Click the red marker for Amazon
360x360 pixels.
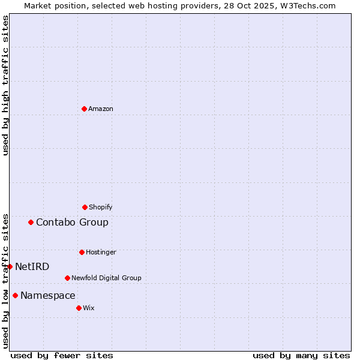[84, 109]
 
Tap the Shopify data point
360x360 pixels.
[85, 207]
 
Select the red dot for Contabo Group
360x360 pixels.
[31, 222]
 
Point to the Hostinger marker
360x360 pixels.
[82, 252]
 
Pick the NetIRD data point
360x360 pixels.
[10, 266]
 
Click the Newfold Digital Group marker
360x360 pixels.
[67, 278]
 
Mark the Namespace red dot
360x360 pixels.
[15, 295]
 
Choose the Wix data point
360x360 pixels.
[79, 308]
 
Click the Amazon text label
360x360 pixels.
[101, 109]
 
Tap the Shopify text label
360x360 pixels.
[101, 207]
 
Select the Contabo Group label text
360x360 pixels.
[72, 222]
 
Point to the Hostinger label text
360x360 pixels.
[101, 252]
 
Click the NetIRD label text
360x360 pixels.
[32, 266]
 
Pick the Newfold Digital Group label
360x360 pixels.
[106, 278]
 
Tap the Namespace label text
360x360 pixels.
[48, 295]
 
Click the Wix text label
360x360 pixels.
[89, 308]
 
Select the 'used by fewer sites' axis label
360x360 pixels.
[62, 355]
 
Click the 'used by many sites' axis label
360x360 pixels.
[301, 355]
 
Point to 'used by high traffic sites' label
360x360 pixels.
[5, 86]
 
